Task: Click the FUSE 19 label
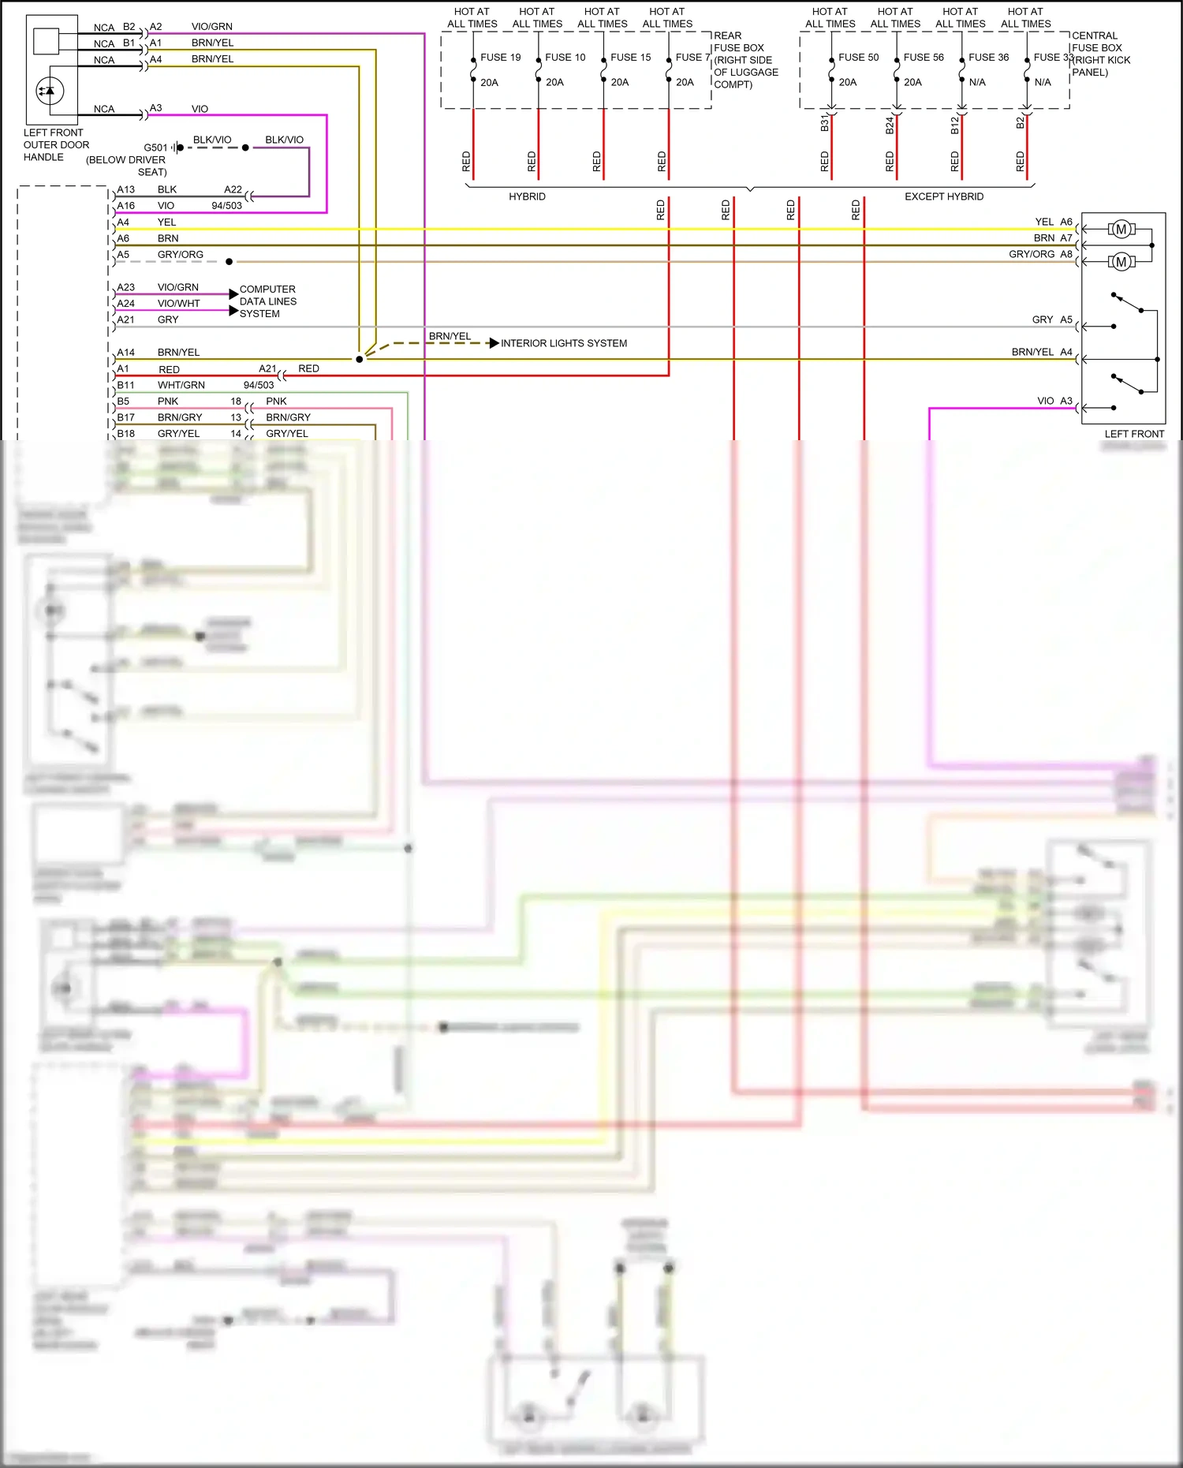pos(500,58)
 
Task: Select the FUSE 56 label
pos(923,58)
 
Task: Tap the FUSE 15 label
pos(630,58)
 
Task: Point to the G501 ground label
pos(155,148)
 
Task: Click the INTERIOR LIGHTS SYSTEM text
pos(564,343)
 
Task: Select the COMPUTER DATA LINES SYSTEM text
pos(267,301)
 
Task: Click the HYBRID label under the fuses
pos(527,196)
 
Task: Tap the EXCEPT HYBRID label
pos(943,196)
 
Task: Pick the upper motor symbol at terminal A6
pos(1121,230)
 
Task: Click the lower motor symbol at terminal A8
pos(1121,262)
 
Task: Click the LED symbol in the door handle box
pos(50,92)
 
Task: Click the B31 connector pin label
pos(824,124)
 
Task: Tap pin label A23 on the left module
pos(125,287)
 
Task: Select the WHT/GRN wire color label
pos(181,385)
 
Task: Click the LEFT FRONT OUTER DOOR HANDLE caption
pos(55,145)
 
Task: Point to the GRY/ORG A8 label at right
pos(1040,254)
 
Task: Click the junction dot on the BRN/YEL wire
pos(360,359)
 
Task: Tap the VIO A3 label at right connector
pos(1054,401)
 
